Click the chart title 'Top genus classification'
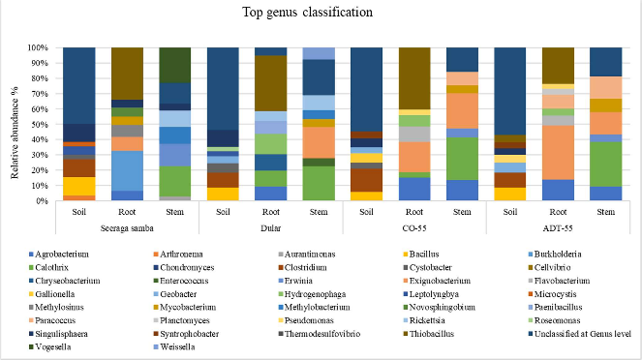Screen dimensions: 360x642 tap(320, 15)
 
